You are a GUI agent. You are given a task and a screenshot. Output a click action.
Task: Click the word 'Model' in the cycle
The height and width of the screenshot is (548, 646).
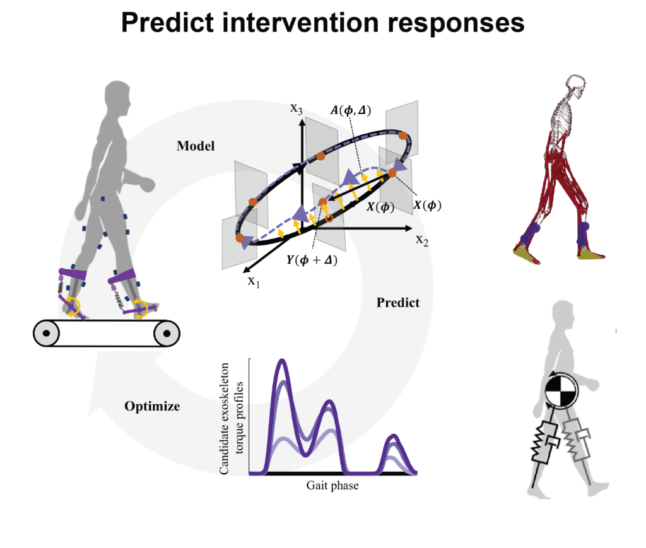[x=196, y=146]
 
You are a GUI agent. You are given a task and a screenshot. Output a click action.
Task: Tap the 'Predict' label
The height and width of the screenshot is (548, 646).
[x=398, y=303]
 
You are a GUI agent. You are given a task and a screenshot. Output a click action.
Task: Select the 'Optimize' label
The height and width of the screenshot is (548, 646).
[x=152, y=406]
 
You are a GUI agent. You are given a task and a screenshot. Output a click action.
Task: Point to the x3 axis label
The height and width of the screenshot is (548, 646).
[x=297, y=108]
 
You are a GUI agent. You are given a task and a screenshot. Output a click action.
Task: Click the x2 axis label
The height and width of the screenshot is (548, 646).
[x=422, y=240]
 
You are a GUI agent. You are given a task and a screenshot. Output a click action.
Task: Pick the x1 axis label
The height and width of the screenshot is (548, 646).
[x=254, y=282]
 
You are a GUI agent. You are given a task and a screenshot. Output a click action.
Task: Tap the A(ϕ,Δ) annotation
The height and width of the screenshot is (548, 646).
[x=351, y=110]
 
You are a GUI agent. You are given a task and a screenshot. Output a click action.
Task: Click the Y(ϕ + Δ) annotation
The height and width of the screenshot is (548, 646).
[x=312, y=260]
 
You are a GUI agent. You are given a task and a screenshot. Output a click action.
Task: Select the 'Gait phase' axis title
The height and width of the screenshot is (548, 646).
[x=332, y=486]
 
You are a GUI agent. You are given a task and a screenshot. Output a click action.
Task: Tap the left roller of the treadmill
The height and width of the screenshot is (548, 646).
[x=46, y=333]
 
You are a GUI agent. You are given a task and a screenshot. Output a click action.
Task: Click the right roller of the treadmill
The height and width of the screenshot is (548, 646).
[x=167, y=334]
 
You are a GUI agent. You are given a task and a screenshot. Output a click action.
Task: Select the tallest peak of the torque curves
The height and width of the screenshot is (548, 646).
[x=282, y=361]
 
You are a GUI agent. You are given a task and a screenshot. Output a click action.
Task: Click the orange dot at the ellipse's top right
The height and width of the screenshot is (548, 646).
[x=403, y=136]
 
